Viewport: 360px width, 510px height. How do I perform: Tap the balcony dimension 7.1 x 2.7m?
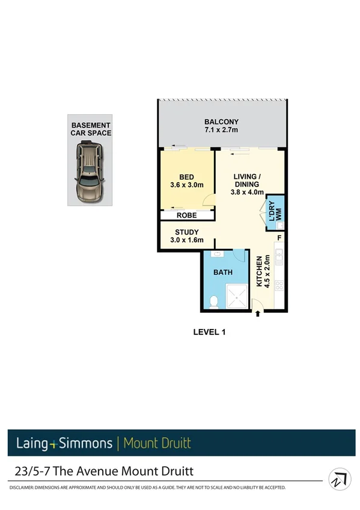[x=221, y=130]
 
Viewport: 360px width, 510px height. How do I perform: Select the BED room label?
[x=187, y=176]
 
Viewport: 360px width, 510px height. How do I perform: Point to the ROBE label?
[x=187, y=215]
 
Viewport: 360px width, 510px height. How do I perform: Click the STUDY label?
[x=187, y=232]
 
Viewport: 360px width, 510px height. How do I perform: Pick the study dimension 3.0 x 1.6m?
[x=187, y=241]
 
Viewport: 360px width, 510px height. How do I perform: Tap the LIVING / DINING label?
[x=247, y=180]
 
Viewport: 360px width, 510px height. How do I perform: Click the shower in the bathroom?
[x=236, y=296]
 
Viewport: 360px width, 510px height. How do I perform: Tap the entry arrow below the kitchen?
[x=258, y=314]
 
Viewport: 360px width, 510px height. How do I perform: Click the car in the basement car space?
[x=88, y=174]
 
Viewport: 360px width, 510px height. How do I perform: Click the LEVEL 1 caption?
[x=209, y=331]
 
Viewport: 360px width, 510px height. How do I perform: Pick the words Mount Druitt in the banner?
[x=157, y=444]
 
